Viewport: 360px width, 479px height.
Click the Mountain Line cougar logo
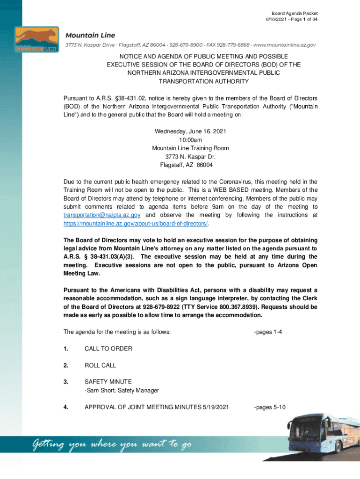[x=37, y=39]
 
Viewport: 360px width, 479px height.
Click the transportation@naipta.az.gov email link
[x=102, y=215]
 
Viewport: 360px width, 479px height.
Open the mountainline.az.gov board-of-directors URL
[x=136, y=223]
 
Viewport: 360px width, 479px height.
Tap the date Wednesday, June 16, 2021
[x=190, y=131]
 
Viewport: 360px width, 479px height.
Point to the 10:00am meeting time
[x=190, y=140]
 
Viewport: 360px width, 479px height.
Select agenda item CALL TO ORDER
[x=108, y=348]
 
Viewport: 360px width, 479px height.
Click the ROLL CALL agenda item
[x=100, y=365]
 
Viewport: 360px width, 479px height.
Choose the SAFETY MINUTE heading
[x=108, y=382]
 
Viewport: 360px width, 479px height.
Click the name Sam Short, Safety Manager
[x=122, y=390]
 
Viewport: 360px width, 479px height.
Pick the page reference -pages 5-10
[x=270, y=407]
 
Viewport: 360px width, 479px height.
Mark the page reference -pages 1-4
[x=268, y=332]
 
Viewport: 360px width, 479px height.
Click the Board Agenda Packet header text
[x=295, y=14]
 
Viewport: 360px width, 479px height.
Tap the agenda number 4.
[x=66, y=407]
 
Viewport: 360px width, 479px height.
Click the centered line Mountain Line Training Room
[x=190, y=148]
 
